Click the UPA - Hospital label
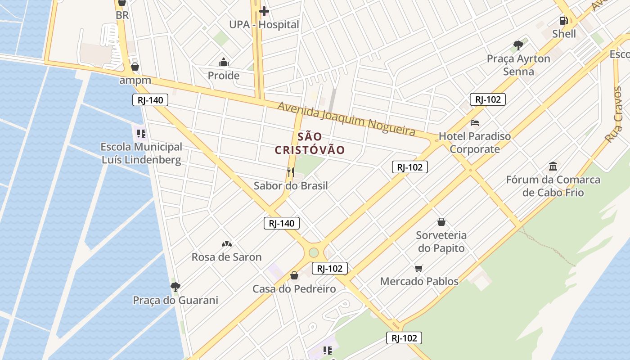point(264,25)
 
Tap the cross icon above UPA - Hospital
point(264,11)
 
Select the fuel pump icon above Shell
point(563,20)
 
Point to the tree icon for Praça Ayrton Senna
point(518,45)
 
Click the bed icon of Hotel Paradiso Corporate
point(475,122)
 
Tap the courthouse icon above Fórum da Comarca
point(553,166)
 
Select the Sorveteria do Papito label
point(441,241)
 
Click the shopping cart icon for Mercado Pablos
point(419,268)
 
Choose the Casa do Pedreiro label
point(294,289)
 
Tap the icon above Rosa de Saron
point(227,244)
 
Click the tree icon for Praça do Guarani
point(175,287)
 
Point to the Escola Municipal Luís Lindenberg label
point(141,153)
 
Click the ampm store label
point(135,81)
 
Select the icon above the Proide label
point(224,62)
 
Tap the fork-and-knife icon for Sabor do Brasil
point(291,172)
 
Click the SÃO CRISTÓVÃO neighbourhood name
point(310,143)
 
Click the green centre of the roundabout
point(314,252)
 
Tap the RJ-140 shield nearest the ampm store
point(150,100)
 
